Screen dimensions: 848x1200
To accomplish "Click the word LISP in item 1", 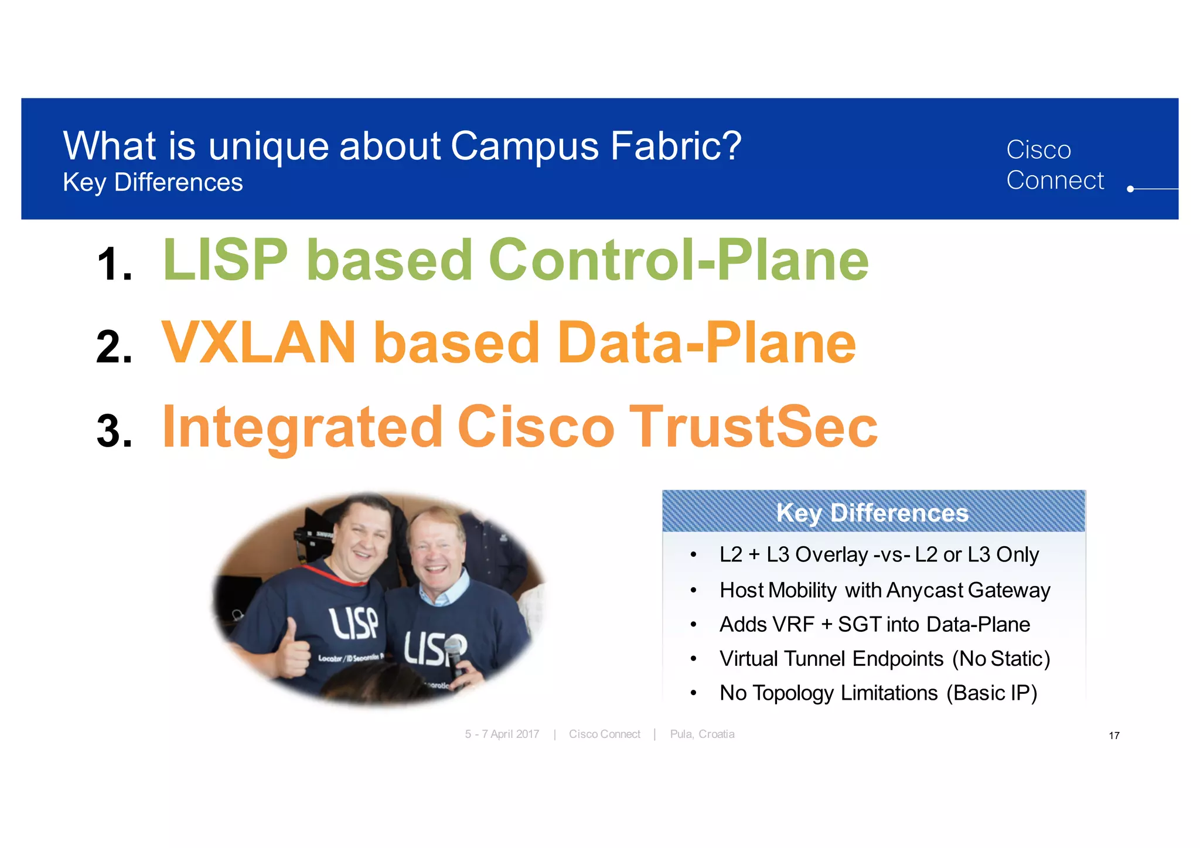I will click(226, 261).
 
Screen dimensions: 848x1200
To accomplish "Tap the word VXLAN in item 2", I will click(258, 344).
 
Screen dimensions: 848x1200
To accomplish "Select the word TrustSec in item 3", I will click(753, 427).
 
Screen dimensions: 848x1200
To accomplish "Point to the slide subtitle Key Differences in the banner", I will click(152, 183).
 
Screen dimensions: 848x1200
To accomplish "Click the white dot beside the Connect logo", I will click(1130, 189).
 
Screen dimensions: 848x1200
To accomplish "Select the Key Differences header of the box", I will click(872, 513).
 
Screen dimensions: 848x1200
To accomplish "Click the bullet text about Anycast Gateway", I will click(884, 590).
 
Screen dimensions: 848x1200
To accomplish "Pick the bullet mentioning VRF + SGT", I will click(874, 625).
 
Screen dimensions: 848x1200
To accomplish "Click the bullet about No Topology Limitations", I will click(878, 693).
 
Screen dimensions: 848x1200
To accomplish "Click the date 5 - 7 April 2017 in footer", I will click(502, 734).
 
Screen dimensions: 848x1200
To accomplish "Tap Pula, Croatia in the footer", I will click(702, 734).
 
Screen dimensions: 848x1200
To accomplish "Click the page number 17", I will click(1114, 736).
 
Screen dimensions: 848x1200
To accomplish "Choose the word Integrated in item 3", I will click(302, 427).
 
